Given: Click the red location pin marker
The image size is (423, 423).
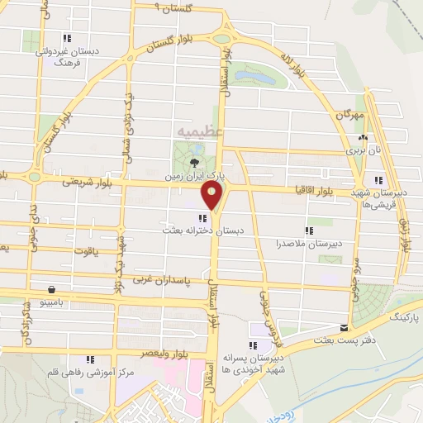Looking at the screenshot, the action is click(x=212, y=197).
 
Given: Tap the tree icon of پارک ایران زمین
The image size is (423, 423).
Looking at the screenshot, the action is click(x=194, y=162).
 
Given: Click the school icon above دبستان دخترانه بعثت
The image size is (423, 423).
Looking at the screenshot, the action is click(x=203, y=218).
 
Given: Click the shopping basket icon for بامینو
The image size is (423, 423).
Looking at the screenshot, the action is click(x=53, y=290).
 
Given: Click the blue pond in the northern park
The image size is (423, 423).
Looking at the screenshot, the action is click(x=256, y=77).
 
